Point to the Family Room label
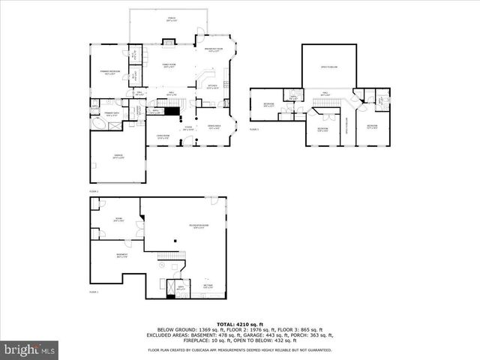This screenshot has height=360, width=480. pyautogui.click(x=168, y=66)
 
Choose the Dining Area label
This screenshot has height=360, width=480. pyautogui.click(x=213, y=127)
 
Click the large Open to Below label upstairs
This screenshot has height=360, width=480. pyautogui.click(x=329, y=67)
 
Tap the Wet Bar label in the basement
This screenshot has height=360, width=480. pyautogui.click(x=208, y=286)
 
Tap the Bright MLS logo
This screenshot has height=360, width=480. pyautogui.click(x=30, y=349)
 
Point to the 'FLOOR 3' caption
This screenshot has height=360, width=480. pyautogui.click(x=253, y=129)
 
